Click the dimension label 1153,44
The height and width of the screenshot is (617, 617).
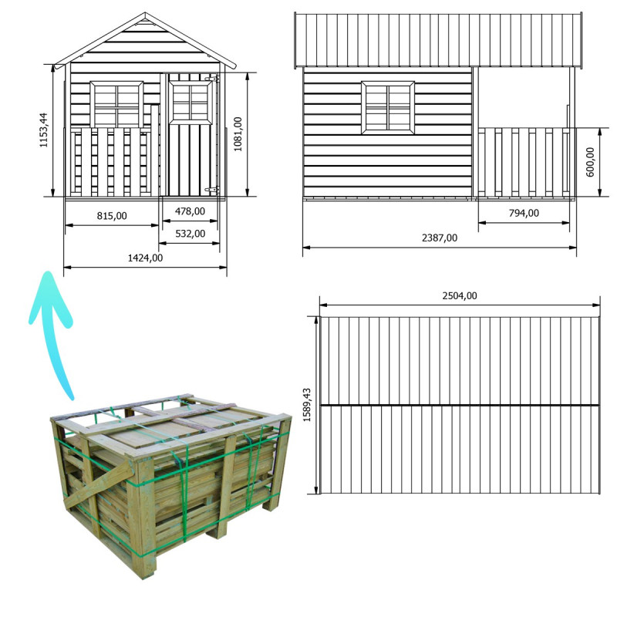point(43,130)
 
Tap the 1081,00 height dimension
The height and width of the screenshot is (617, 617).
point(238,134)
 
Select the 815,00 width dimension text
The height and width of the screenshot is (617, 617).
point(112,216)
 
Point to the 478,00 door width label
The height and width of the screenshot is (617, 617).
point(190,211)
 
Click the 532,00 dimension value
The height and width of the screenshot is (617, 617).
point(190,234)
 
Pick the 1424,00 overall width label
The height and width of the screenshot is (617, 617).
point(145,258)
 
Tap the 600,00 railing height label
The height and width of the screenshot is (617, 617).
point(590,162)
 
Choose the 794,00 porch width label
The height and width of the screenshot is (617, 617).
point(524,213)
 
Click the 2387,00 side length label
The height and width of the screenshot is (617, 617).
point(440,238)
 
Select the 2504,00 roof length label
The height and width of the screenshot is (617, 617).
point(460,295)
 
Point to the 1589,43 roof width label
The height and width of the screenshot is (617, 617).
point(307,405)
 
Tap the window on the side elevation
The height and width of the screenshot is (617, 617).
point(388,107)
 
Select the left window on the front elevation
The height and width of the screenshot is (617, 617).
point(116,105)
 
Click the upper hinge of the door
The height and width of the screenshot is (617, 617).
point(211,79)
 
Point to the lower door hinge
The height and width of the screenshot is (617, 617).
point(211,190)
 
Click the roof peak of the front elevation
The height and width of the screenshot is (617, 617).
point(145,14)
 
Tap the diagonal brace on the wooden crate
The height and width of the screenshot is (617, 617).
point(99,485)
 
